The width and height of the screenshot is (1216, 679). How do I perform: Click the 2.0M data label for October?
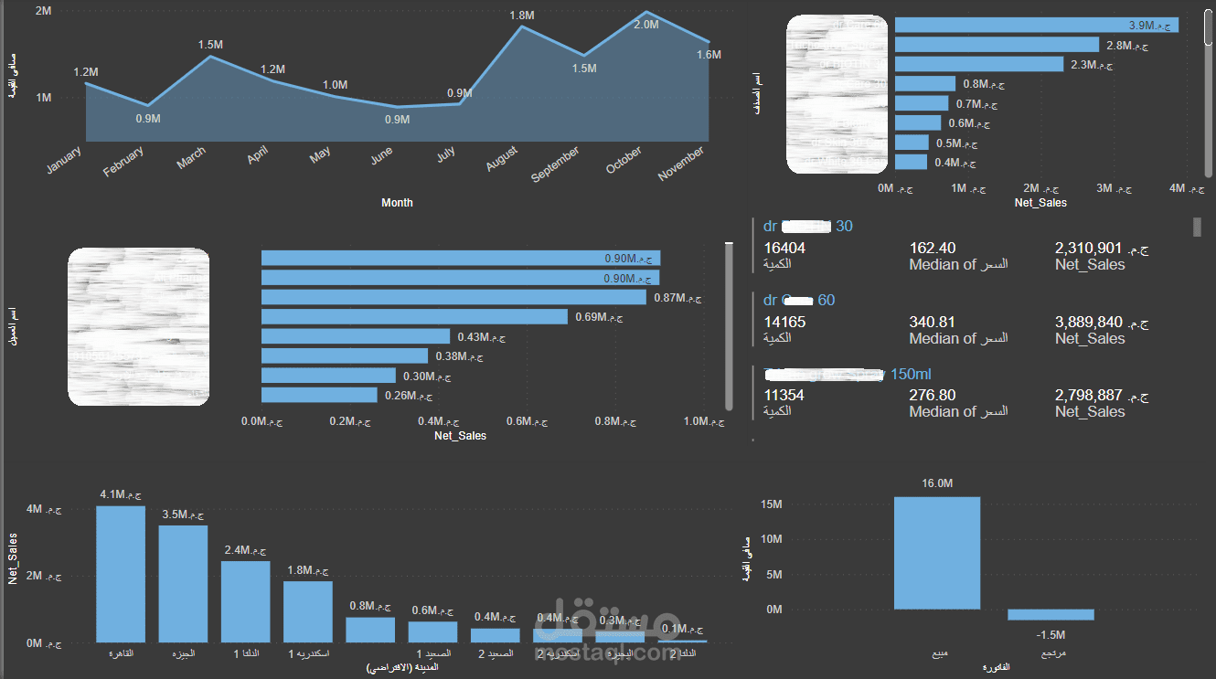[645, 25]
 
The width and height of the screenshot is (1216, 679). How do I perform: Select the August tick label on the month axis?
[502, 158]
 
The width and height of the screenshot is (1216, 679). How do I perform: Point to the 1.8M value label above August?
[521, 16]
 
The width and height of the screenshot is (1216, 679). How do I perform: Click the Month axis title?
[397, 203]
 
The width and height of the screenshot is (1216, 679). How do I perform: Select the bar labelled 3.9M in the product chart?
[1036, 25]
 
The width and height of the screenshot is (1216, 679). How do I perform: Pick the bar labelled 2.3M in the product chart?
[978, 64]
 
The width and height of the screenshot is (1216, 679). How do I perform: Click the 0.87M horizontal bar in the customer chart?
[453, 298]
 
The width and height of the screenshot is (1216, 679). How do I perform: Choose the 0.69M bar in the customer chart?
[414, 317]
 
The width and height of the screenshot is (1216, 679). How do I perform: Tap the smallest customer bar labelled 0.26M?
[319, 395]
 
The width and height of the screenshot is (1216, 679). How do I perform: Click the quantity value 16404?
[784, 248]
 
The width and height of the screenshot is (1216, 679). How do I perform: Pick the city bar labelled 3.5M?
[183, 584]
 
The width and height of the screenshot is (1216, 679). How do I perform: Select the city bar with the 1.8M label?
[307, 611]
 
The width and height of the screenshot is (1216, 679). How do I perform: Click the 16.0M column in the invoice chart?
[937, 553]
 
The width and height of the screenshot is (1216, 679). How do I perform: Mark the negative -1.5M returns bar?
[1051, 614]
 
